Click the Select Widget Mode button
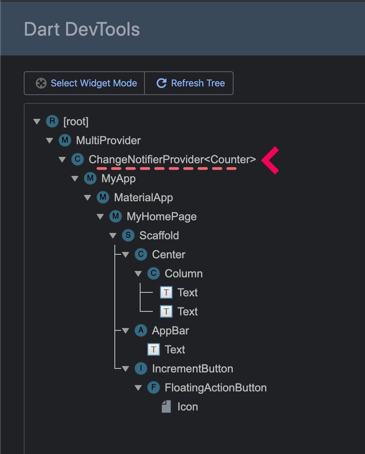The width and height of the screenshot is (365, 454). [x=84, y=83]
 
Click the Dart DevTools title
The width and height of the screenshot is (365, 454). [x=82, y=29]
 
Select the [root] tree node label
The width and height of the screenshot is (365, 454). [x=76, y=121]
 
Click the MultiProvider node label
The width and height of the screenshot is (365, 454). [x=108, y=140]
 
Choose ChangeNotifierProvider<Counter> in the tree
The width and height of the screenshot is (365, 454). [x=172, y=159]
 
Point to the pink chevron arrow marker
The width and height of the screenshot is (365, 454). [x=270, y=160]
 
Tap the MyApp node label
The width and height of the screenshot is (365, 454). [x=118, y=178]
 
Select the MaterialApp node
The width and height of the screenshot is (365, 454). [x=143, y=197]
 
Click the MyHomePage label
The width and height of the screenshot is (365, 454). [x=162, y=216]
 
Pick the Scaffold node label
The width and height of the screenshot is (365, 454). [x=159, y=235]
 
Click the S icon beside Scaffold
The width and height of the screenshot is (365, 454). [x=128, y=235]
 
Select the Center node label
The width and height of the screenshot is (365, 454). [x=169, y=254]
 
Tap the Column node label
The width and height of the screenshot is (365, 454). [x=184, y=273]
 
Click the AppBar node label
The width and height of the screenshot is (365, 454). [x=170, y=330]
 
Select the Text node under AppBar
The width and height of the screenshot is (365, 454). [x=175, y=349]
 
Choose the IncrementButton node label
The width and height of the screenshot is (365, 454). [x=192, y=368]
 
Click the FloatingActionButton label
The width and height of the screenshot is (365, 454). [x=215, y=387]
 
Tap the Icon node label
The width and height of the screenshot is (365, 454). [x=187, y=406]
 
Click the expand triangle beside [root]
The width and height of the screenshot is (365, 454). [x=37, y=121]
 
